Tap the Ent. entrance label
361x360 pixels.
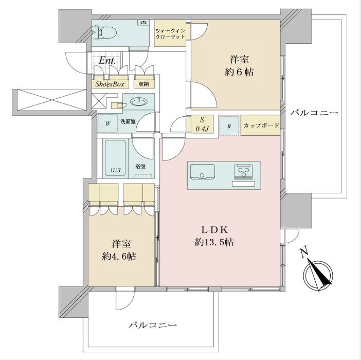click(107, 61)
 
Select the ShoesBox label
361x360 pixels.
click(110, 84)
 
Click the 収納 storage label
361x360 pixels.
click(144, 84)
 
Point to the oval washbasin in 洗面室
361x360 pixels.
click(139, 102)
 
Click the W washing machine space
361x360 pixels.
click(108, 123)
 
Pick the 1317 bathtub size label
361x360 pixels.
click(115, 171)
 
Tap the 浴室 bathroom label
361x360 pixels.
click(140, 167)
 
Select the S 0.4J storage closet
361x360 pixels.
click(202, 124)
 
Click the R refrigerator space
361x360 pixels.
click(229, 125)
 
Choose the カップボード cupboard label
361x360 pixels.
click(261, 125)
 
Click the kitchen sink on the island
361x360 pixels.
click(203, 172)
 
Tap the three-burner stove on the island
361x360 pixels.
click(243, 172)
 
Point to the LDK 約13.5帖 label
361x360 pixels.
click(214, 236)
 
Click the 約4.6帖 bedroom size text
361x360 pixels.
click(119, 257)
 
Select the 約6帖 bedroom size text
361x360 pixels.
click(239, 72)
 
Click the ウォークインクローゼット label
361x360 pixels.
click(170, 33)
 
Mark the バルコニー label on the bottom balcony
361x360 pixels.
click(153, 325)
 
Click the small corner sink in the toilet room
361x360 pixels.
click(143, 23)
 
